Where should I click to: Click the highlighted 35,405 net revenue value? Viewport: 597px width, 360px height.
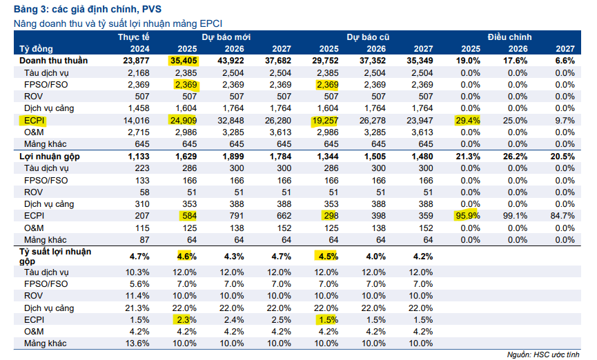(x=183, y=61)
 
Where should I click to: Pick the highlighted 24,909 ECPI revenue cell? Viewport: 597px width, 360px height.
(x=183, y=120)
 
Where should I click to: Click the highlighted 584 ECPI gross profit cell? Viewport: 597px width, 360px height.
(x=187, y=216)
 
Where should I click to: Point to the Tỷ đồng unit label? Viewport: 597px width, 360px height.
(x=36, y=48)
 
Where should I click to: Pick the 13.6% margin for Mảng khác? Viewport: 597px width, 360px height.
(x=137, y=343)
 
